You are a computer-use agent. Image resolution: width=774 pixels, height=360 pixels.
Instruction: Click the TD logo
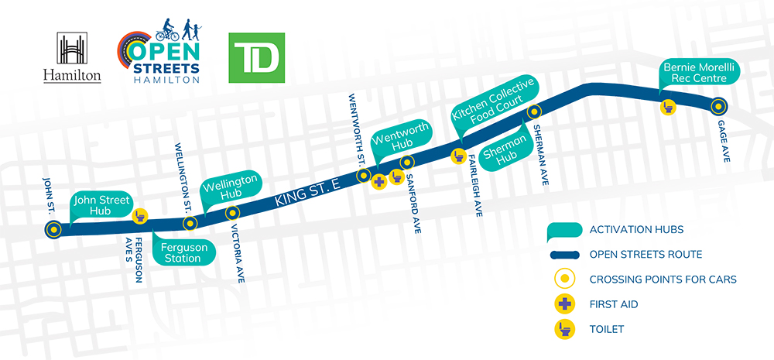pos(257,58)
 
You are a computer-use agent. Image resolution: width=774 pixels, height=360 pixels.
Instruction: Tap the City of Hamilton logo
pos(72,58)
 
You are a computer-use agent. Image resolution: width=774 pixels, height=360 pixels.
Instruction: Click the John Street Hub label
pos(101,206)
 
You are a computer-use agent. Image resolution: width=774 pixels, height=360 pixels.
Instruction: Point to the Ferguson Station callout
pos(182,252)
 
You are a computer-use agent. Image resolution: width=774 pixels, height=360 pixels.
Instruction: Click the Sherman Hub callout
pos(505,150)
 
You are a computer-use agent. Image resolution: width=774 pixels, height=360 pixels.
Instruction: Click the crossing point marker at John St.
pos(53,229)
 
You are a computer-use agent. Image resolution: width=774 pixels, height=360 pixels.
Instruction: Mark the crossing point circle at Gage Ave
pos(718,106)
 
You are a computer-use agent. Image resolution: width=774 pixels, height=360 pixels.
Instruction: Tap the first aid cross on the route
pos(379,183)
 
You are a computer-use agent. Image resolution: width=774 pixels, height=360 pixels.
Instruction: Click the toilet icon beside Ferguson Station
pos(141,217)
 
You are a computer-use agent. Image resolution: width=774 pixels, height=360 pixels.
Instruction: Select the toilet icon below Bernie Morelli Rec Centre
pos(668,108)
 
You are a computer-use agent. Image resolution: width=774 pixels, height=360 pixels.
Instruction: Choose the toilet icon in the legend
pos(567,329)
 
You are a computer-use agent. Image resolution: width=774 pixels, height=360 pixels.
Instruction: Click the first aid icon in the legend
pos(567,303)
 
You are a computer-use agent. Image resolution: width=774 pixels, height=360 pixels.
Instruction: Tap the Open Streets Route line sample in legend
pos(566,253)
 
